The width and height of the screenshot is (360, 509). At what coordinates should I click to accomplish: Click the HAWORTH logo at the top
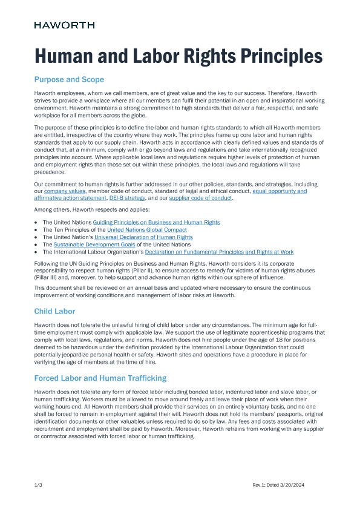pyautogui.click(x=64, y=25)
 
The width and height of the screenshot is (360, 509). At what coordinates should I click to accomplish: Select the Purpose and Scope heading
pyautogui.click(x=69, y=79)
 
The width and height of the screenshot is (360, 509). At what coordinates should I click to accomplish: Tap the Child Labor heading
pyautogui.click(x=54, y=311)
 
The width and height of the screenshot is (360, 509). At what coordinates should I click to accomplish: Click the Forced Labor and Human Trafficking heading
pyautogui.click(x=100, y=378)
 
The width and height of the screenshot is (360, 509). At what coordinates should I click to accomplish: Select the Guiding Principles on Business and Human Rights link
pyautogui.click(x=156, y=223)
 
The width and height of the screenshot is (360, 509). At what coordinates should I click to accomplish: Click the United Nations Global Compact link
pyautogui.click(x=146, y=230)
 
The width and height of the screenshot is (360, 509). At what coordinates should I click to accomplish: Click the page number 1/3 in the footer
pyautogui.click(x=38, y=485)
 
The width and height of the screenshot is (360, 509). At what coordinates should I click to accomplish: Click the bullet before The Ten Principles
pyautogui.click(x=36, y=230)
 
